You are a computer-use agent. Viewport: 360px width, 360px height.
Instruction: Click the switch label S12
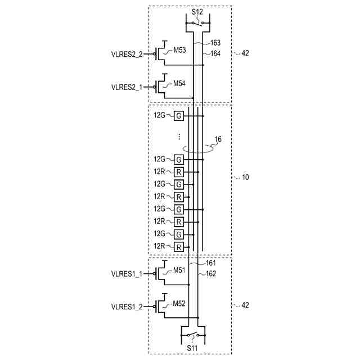click(197, 11)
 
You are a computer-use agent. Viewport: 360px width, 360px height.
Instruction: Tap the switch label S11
click(193, 348)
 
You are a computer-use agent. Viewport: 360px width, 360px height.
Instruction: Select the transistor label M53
click(179, 50)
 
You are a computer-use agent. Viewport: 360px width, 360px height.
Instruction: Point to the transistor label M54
click(179, 83)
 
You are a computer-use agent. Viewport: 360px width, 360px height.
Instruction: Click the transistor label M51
click(179, 270)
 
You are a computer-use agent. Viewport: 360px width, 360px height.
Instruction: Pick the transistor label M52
click(179, 303)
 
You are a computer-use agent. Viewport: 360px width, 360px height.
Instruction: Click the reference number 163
click(215, 43)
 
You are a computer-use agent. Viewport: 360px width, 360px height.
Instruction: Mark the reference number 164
click(215, 53)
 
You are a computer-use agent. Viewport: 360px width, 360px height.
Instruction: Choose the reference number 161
click(210, 263)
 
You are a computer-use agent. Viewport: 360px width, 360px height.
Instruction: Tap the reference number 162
click(210, 274)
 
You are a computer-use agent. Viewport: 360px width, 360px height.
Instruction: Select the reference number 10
click(245, 177)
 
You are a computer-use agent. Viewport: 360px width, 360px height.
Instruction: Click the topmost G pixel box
click(178, 115)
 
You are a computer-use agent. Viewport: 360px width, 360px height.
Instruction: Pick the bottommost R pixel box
click(178, 247)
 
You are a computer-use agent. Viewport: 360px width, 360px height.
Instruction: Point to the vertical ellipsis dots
click(178, 137)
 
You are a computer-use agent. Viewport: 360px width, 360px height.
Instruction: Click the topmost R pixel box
click(178, 172)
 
